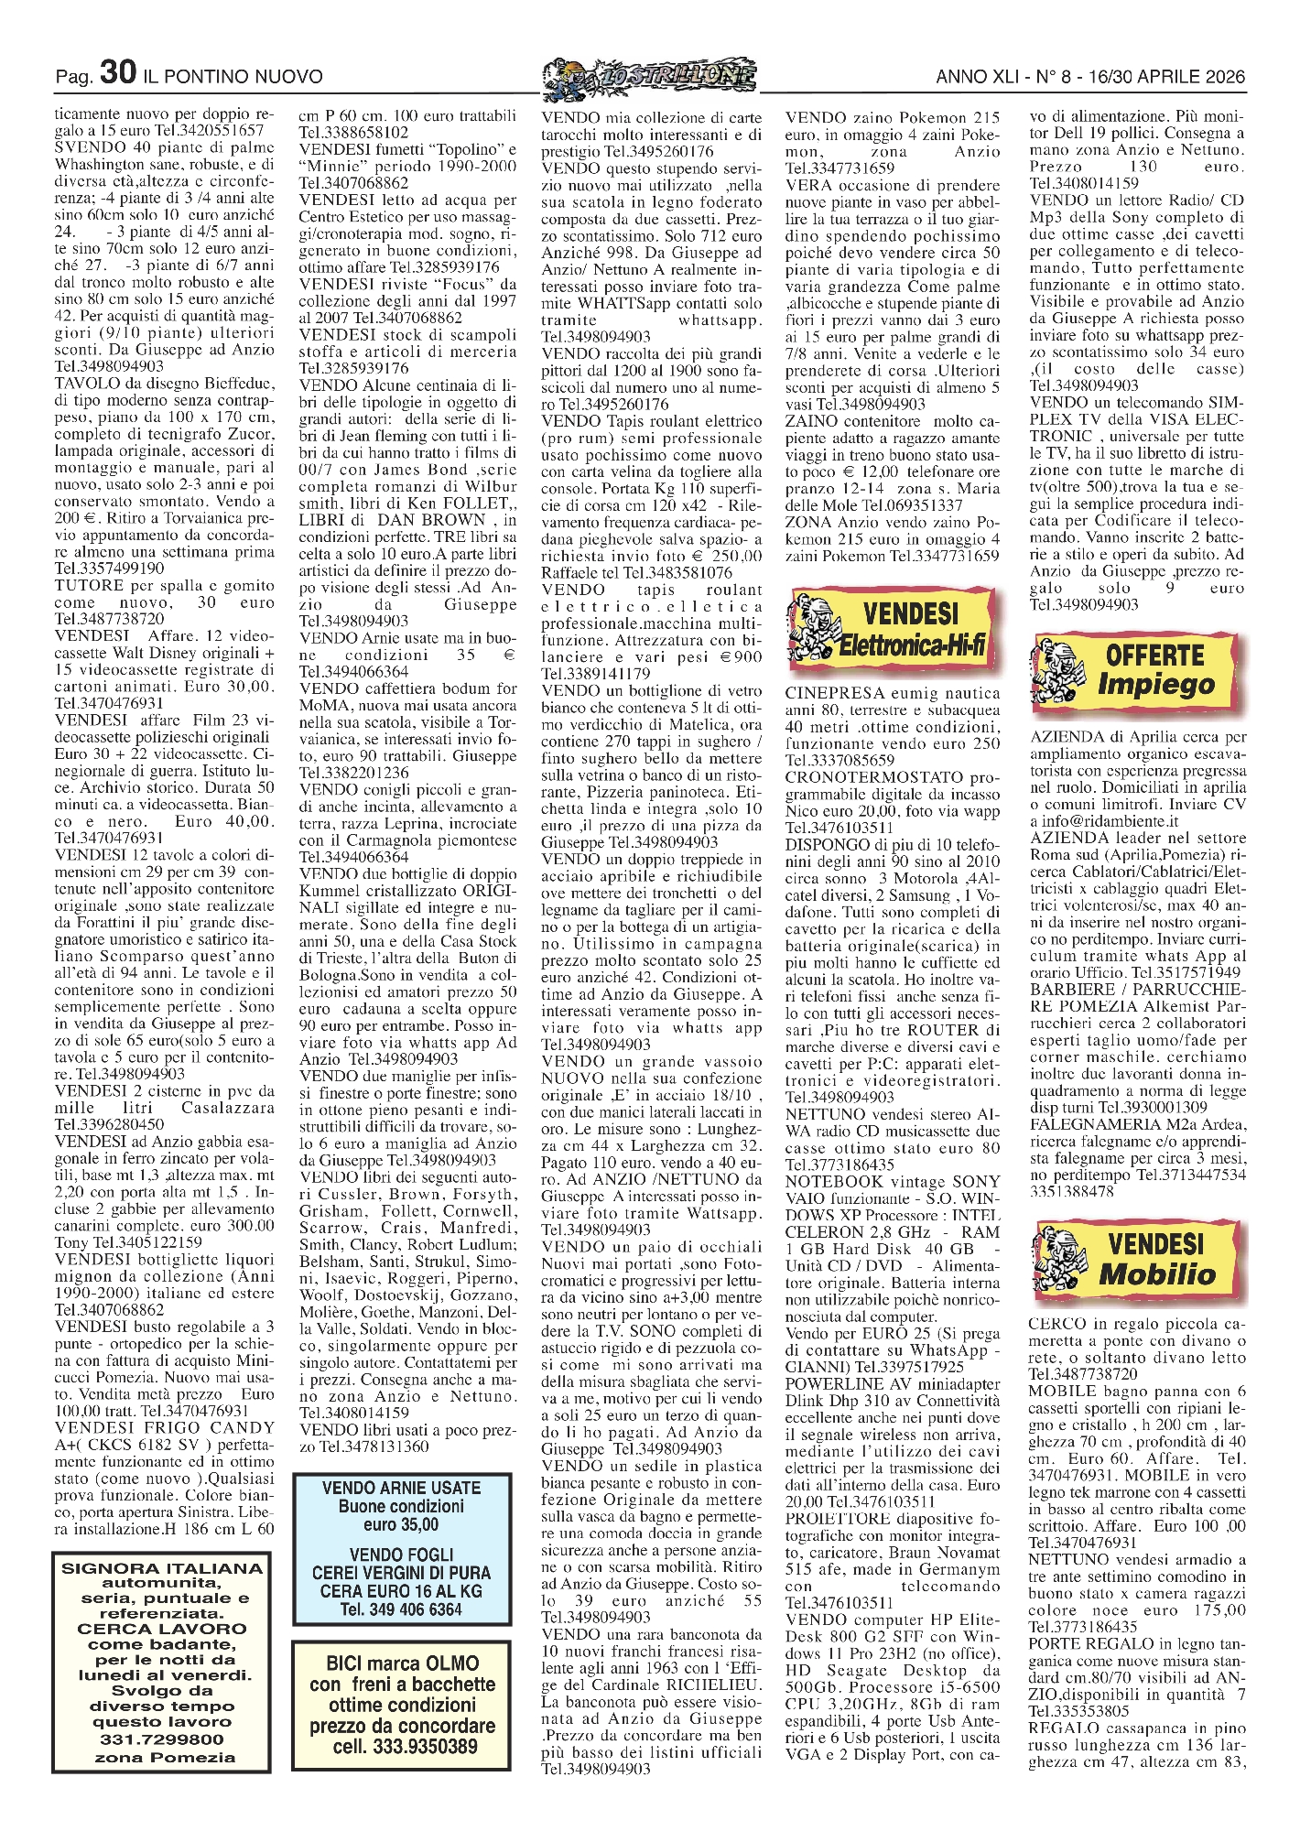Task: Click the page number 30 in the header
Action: click(x=118, y=73)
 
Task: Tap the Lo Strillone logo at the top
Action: click(x=648, y=76)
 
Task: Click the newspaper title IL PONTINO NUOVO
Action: click(x=234, y=77)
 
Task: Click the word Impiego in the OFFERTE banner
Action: click(x=1156, y=684)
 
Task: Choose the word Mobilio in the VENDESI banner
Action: click(x=1156, y=1273)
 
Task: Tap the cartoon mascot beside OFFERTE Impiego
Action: click(x=1057, y=670)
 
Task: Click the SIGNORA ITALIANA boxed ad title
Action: click(x=161, y=1568)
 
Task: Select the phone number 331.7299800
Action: click(x=161, y=1739)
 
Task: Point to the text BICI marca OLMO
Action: click(x=402, y=1663)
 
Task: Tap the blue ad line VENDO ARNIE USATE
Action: click(x=401, y=1488)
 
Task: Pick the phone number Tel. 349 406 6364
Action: click(x=401, y=1609)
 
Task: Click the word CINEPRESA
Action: click(x=835, y=693)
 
